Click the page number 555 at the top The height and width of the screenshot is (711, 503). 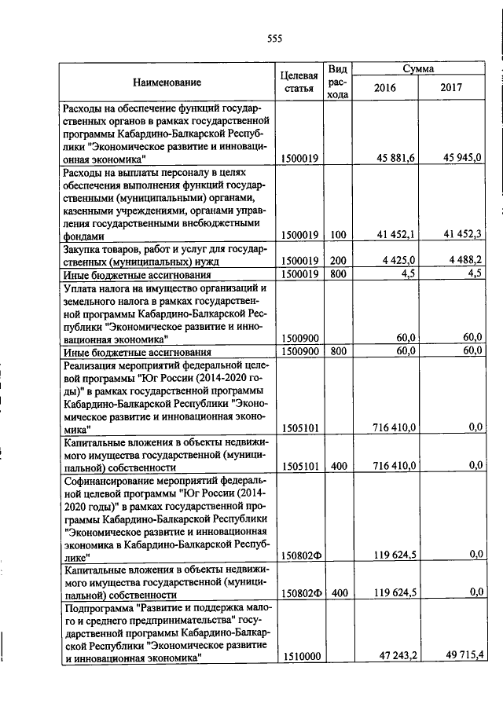pos(274,38)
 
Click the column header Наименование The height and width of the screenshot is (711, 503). pos(167,82)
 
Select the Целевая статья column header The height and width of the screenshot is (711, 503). pos(299,82)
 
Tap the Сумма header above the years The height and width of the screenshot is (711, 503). pos(418,69)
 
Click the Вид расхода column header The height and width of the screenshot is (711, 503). pos(338,82)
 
